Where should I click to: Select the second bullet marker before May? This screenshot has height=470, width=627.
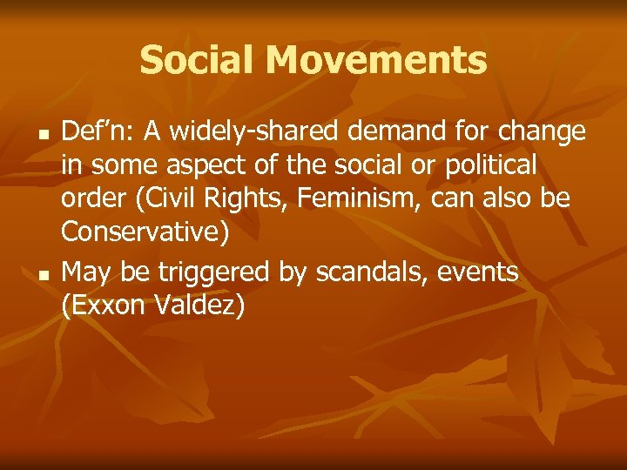(41, 276)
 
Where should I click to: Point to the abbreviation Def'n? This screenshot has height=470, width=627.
(97, 131)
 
